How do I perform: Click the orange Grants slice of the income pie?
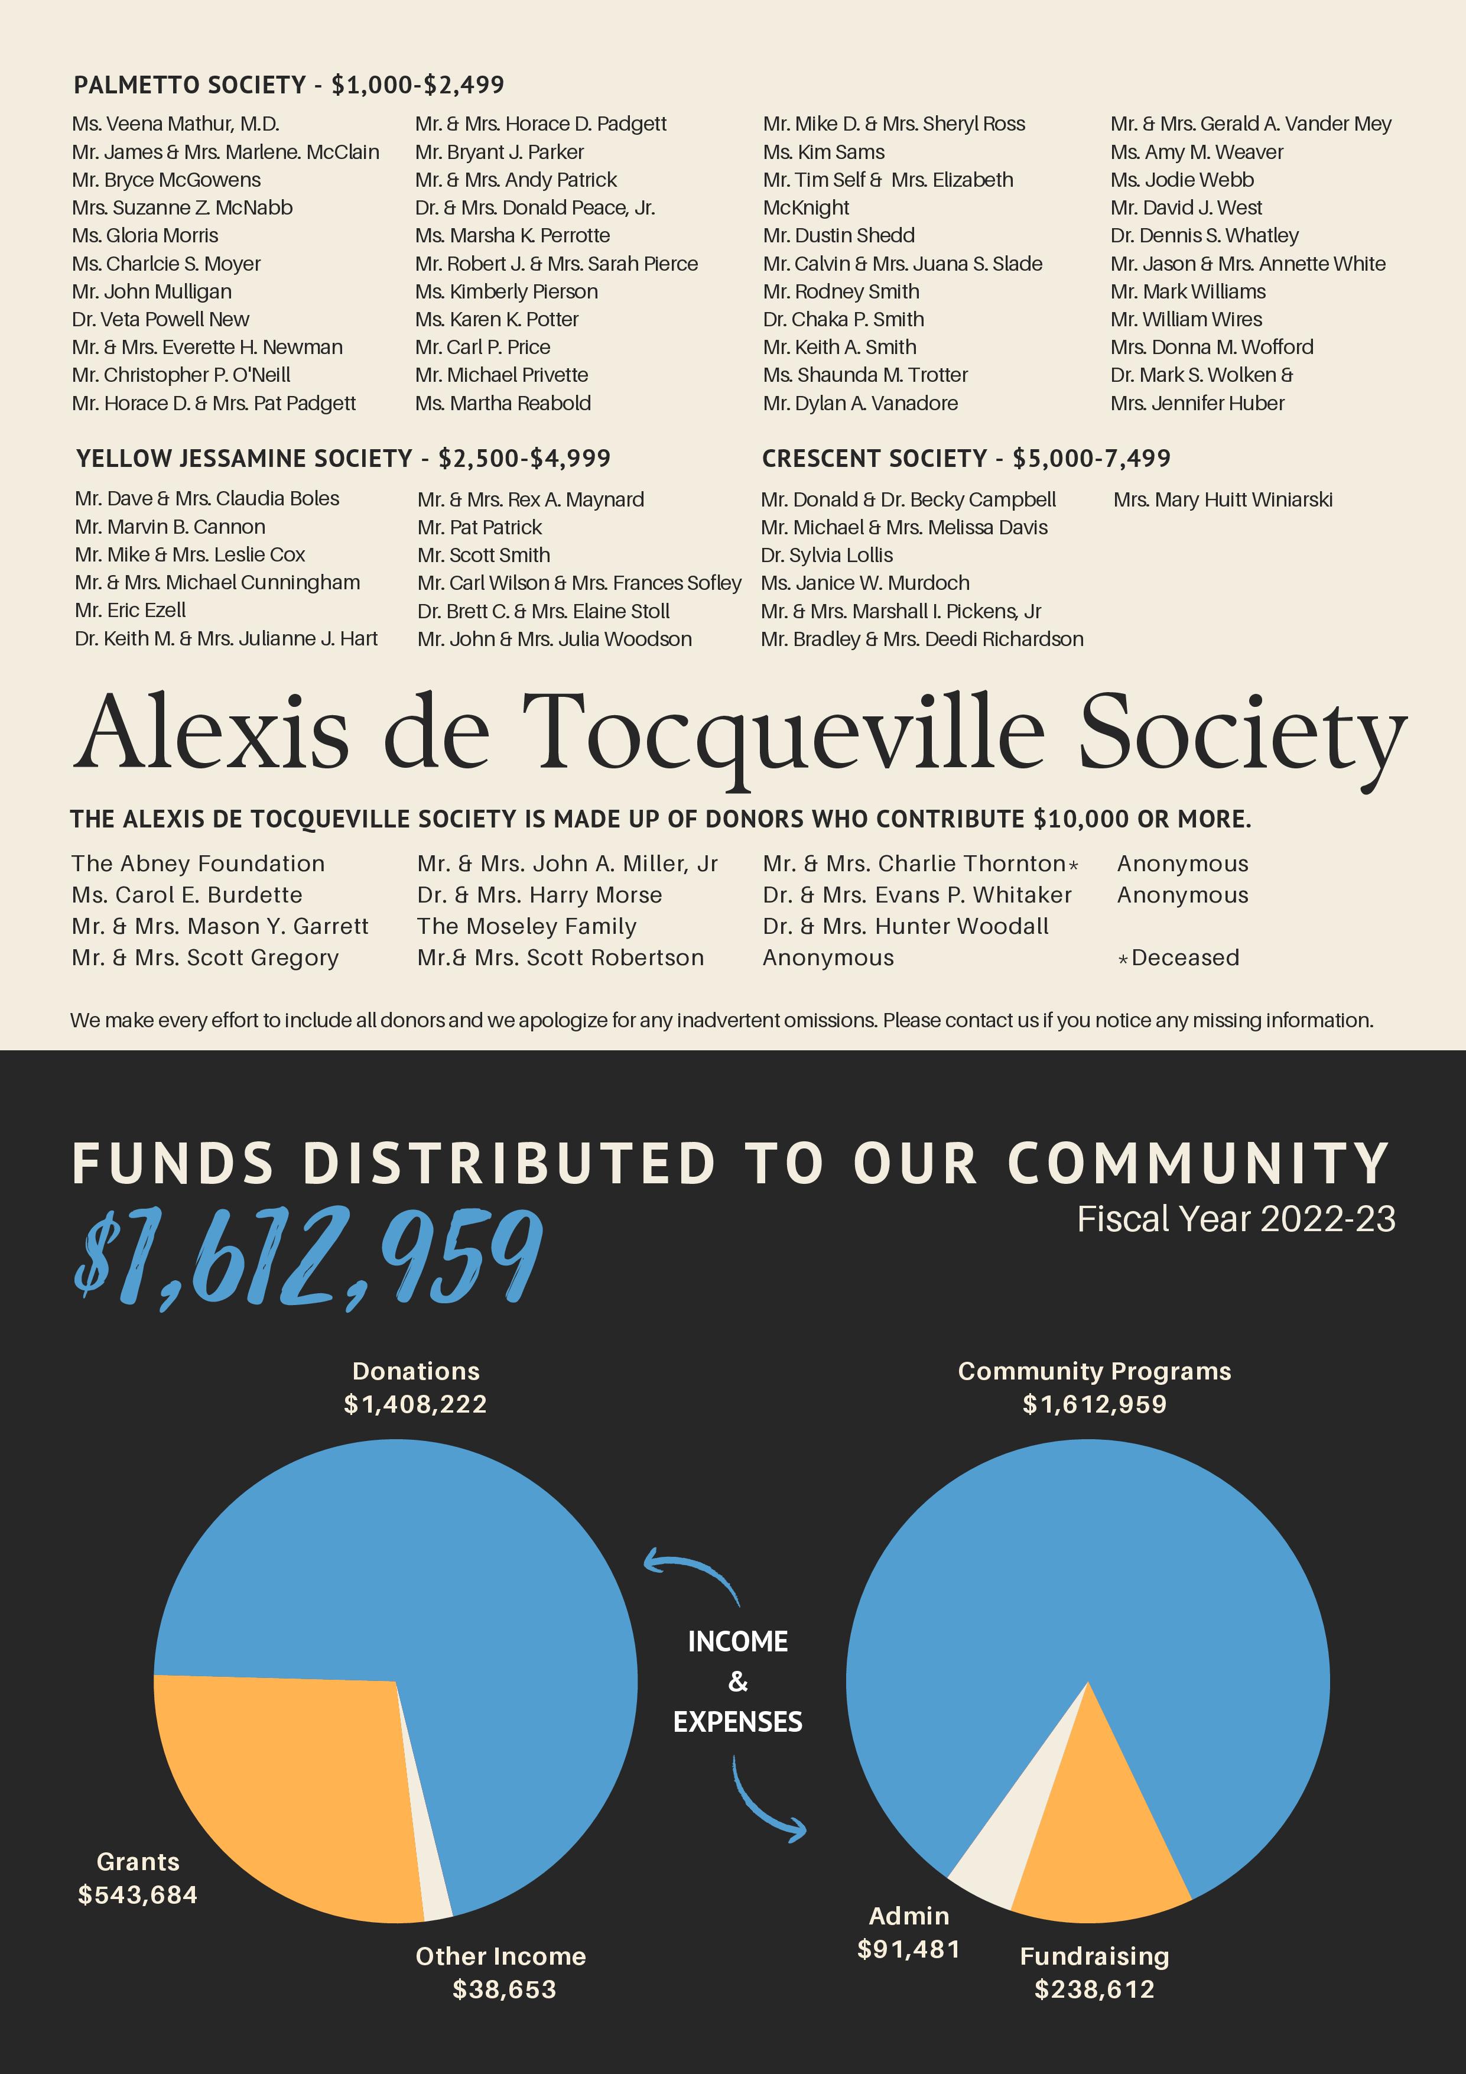pos(289,1797)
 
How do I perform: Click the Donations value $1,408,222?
pos(415,1404)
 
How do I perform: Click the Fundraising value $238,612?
pos(1095,1989)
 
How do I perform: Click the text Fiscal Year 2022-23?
pos(1236,1219)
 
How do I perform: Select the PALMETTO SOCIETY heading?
pos(289,85)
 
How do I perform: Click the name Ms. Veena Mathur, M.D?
pos(176,124)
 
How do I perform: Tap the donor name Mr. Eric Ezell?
pos(131,611)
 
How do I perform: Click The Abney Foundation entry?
pos(198,864)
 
